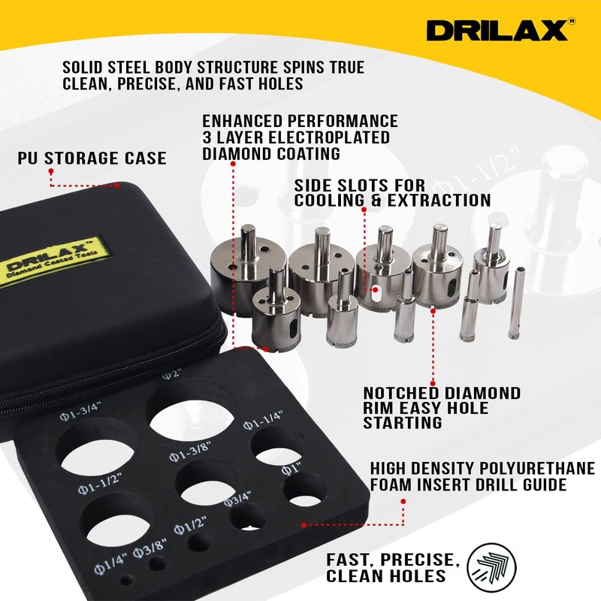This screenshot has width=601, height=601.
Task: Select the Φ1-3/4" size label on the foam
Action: pyautogui.click(x=80, y=412)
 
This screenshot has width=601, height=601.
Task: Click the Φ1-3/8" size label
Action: pyautogui.click(x=190, y=452)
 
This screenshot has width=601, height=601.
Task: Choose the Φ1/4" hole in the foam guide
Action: pyautogui.click(x=126, y=580)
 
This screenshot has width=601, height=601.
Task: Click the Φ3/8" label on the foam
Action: pyautogui.click(x=150, y=548)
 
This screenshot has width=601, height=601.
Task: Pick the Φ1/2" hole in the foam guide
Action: pyautogui.click(x=198, y=542)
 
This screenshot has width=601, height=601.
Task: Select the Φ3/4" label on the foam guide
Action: pyautogui.click(x=237, y=500)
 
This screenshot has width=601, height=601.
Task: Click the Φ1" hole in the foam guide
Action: pyautogui.click(x=305, y=491)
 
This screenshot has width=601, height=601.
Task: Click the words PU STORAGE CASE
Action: pyautogui.click(x=92, y=159)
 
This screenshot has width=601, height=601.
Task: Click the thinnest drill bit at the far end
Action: pyautogui.click(x=517, y=303)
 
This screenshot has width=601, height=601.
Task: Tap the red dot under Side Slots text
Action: pyautogui.click(x=364, y=210)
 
